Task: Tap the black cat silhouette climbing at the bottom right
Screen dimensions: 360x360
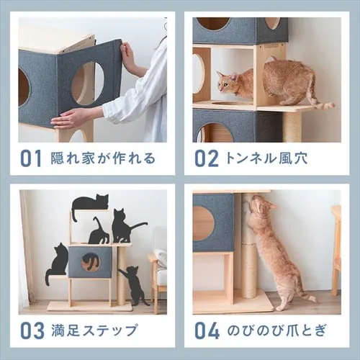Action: point(134,284)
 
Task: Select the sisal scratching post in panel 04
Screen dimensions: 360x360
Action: point(248,259)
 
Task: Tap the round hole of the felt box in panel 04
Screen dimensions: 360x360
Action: point(204,223)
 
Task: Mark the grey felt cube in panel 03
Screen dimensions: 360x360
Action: point(89,263)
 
